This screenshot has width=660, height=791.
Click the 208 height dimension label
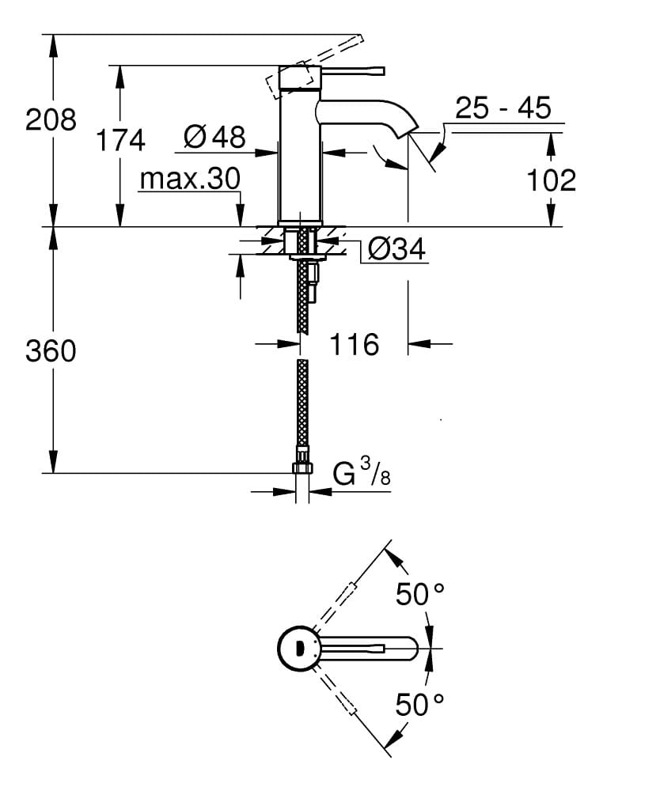point(51,120)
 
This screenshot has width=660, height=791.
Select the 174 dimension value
point(120,140)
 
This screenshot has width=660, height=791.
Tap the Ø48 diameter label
point(214,137)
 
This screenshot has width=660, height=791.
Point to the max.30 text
point(189,180)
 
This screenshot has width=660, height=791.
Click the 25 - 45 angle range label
point(503,108)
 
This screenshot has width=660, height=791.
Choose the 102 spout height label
point(551,180)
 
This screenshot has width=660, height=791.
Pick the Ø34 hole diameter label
point(396,250)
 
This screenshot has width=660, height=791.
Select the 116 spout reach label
point(354,344)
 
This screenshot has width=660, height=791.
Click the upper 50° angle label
point(420,594)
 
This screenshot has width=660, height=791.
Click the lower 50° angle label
point(420,703)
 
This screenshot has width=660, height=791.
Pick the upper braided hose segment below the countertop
point(302,297)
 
